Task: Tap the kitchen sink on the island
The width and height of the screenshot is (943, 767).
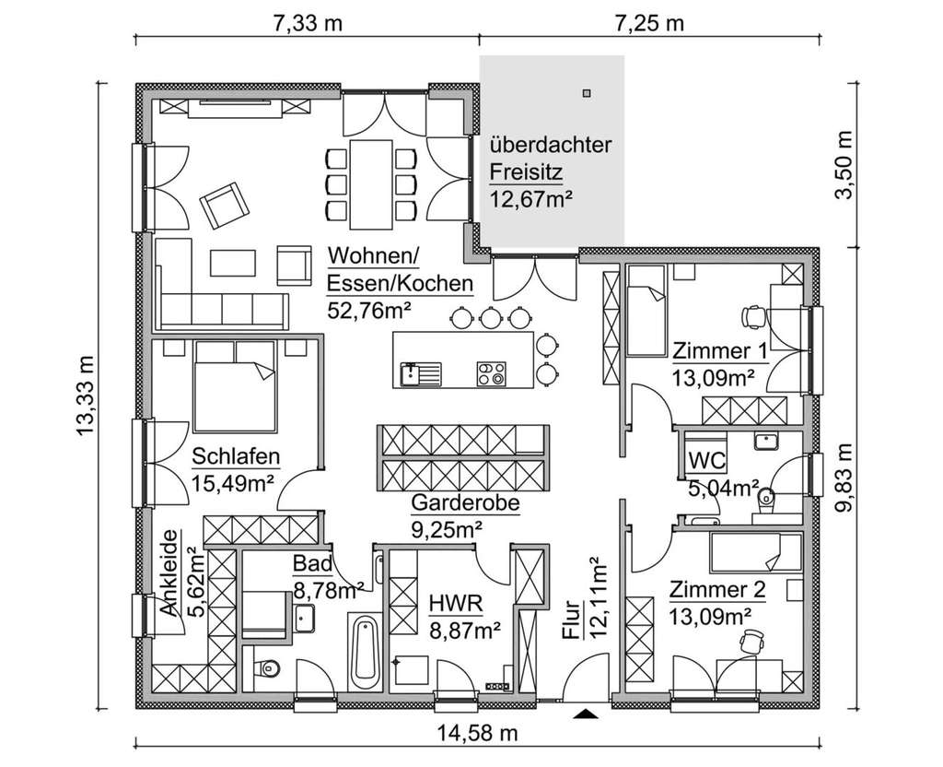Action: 420,373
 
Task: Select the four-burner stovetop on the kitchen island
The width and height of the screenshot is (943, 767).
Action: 491,373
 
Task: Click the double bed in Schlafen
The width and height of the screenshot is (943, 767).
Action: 235,386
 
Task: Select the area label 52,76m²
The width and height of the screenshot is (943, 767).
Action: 368,309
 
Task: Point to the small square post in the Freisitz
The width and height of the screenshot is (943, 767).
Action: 586,92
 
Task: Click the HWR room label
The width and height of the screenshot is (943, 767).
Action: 452,604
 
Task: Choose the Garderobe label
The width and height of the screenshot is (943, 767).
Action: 465,503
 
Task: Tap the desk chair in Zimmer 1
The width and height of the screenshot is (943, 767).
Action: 753,315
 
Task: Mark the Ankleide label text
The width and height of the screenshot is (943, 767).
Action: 169,586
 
